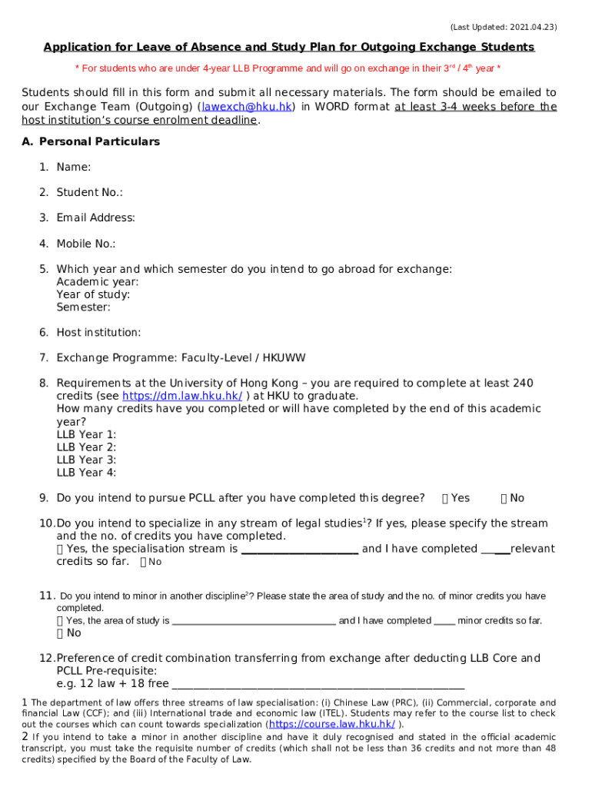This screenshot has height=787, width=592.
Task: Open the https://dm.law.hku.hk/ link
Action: [x=182, y=396]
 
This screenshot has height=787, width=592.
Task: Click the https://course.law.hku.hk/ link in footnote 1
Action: [x=331, y=724]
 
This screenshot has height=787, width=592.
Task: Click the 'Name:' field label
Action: [x=73, y=167]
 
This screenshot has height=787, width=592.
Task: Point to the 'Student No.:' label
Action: [x=89, y=192]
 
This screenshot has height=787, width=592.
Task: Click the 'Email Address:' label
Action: [x=95, y=218]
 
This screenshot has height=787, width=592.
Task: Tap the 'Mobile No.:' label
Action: [x=85, y=244]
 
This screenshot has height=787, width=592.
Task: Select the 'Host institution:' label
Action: [x=98, y=332]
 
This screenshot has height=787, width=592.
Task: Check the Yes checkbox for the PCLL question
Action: [x=446, y=498]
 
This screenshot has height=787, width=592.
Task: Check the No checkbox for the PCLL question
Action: [x=504, y=498]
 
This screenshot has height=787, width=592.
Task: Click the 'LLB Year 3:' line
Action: [x=86, y=460]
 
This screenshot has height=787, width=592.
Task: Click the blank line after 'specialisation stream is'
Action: [x=299, y=550]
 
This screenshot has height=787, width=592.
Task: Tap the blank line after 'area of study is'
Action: [x=254, y=622]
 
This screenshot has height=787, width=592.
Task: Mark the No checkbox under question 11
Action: [x=61, y=633]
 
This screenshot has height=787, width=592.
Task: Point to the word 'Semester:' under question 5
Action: [x=83, y=307]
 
